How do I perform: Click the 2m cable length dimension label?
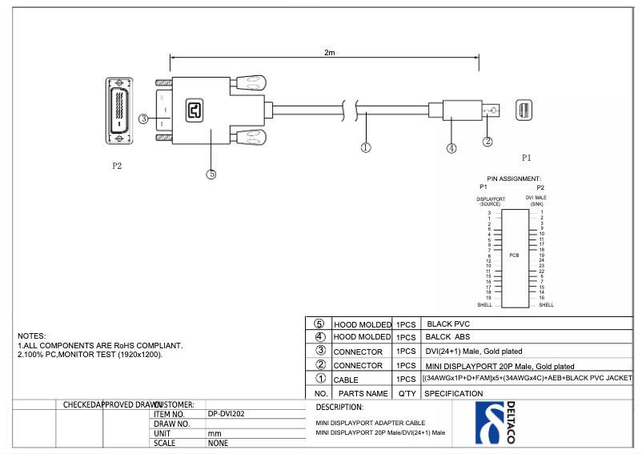click(x=329, y=52)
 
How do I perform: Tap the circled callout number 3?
click(x=143, y=119)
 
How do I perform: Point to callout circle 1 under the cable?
click(x=366, y=147)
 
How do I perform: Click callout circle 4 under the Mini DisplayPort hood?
click(x=451, y=148)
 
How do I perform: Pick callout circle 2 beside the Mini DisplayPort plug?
click(x=487, y=142)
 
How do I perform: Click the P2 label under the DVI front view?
click(x=117, y=167)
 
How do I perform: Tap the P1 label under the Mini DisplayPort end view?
click(x=526, y=158)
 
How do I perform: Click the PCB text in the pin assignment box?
click(x=514, y=255)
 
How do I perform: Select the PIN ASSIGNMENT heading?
click(x=514, y=179)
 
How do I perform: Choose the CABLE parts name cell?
click(x=346, y=380)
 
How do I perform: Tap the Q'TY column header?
click(x=406, y=393)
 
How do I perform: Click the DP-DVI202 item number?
click(x=226, y=414)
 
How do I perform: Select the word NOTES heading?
click(x=32, y=335)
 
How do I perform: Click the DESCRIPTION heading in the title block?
click(x=340, y=407)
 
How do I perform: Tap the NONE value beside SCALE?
click(x=218, y=443)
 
